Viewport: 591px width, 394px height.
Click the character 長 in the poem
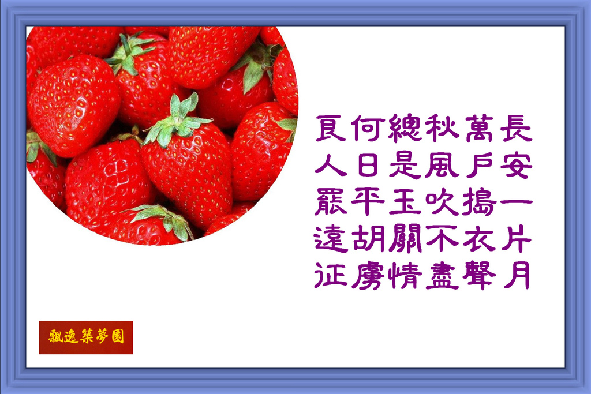517,128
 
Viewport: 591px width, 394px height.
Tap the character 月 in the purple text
517,275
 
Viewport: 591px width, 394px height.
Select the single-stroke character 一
517,201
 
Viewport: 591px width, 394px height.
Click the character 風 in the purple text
442,165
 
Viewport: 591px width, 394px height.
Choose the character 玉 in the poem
405,201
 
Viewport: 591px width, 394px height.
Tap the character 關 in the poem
405,238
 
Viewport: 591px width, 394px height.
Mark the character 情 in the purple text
405,275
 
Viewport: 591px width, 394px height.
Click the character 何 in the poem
368,128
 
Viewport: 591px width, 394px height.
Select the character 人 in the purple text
331,165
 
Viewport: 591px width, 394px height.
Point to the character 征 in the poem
331,275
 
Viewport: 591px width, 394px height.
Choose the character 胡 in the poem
368,238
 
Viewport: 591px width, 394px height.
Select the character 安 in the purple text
517,165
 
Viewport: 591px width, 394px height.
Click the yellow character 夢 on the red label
102,336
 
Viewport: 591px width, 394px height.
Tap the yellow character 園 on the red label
118,336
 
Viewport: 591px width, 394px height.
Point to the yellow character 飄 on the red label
55,336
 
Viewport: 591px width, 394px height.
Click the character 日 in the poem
368,165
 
